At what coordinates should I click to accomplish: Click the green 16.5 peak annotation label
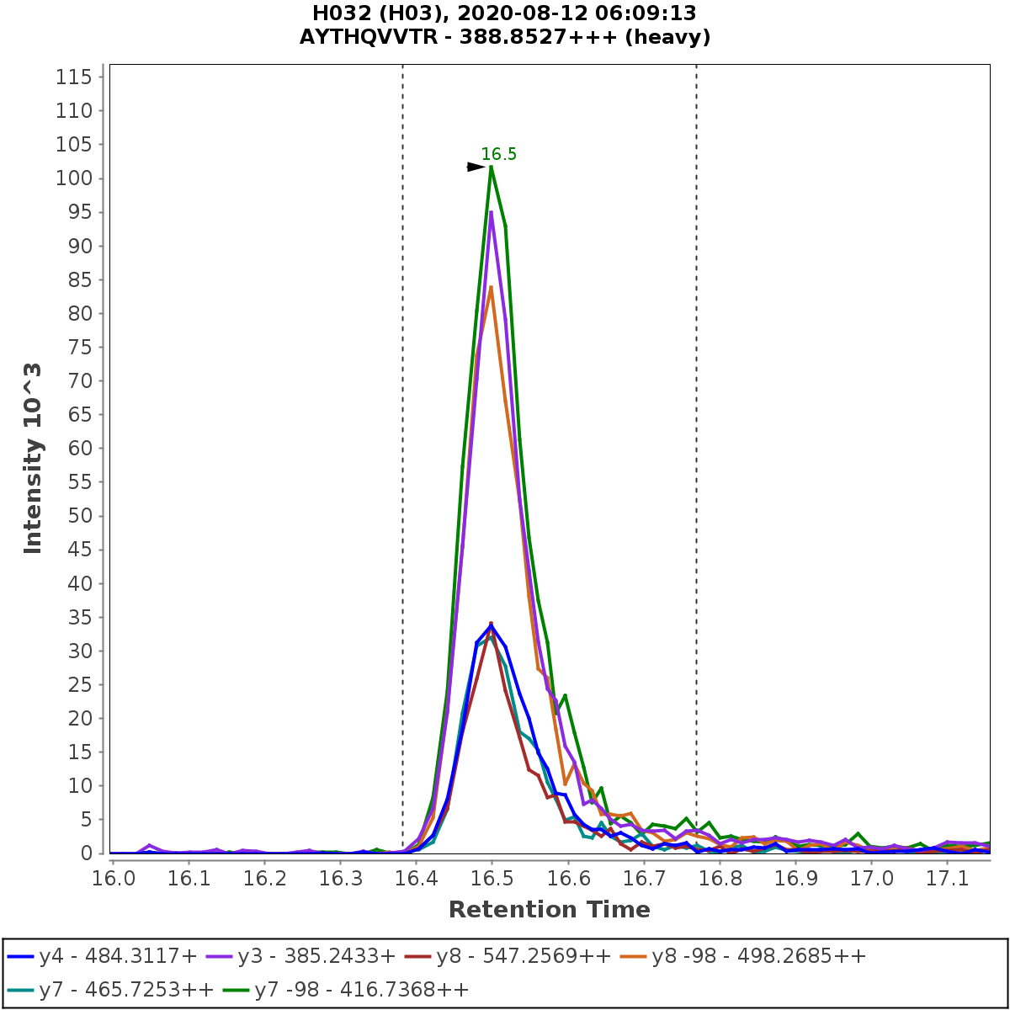(x=499, y=154)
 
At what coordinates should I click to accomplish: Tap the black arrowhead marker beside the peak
(x=476, y=167)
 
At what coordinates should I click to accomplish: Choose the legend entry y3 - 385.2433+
(x=316, y=956)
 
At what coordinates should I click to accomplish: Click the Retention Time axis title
(x=549, y=910)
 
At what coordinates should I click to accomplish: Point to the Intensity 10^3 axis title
(x=33, y=458)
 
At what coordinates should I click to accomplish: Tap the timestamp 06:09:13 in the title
(x=646, y=13)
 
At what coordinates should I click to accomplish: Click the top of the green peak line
(x=491, y=167)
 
